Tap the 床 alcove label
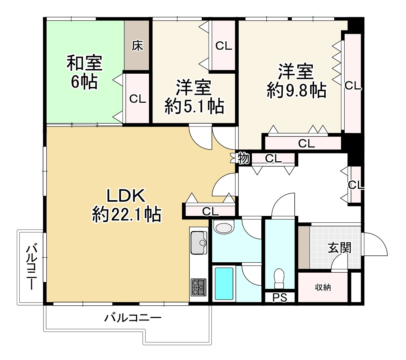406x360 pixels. [137, 46]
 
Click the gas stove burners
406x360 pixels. [199, 287]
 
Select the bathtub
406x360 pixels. [224, 283]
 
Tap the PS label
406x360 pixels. [280, 298]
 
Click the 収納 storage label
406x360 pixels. [323, 287]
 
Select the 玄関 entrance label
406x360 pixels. [339, 248]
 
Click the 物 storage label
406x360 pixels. [244, 158]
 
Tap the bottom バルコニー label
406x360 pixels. [133, 318]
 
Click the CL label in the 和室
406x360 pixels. [138, 99]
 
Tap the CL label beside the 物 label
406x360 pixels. [274, 158]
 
